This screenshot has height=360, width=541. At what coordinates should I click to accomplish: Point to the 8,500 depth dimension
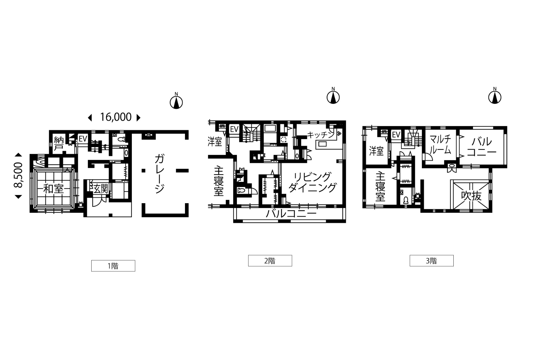[x=19, y=175]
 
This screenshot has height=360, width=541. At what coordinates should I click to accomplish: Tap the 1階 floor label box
[x=113, y=266]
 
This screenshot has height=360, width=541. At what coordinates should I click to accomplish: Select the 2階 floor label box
[x=270, y=261]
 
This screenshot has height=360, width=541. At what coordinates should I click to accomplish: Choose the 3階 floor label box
[x=431, y=261]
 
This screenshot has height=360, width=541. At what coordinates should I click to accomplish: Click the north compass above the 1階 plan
[x=176, y=101]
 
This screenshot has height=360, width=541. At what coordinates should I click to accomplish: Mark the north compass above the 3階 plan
[x=495, y=96]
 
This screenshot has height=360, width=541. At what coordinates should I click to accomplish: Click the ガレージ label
[x=160, y=174]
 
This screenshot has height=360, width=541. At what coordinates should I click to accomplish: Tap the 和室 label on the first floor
[x=54, y=189]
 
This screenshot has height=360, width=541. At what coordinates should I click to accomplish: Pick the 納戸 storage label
[x=58, y=144]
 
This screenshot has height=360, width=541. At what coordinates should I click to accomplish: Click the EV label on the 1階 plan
[x=83, y=139]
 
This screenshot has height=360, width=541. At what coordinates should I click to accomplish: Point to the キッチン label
[x=321, y=135]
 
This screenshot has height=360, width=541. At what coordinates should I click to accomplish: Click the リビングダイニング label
[x=313, y=182]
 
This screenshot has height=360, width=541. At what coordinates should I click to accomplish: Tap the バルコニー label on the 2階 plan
[x=291, y=213]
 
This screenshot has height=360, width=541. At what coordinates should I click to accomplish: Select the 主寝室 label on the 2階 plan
[x=219, y=181]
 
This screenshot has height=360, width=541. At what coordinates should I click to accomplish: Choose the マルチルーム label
[x=440, y=145]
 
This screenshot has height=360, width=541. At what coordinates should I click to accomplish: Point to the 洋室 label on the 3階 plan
[x=376, y=151]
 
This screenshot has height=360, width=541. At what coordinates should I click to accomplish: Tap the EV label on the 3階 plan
[x=396, y=135]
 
